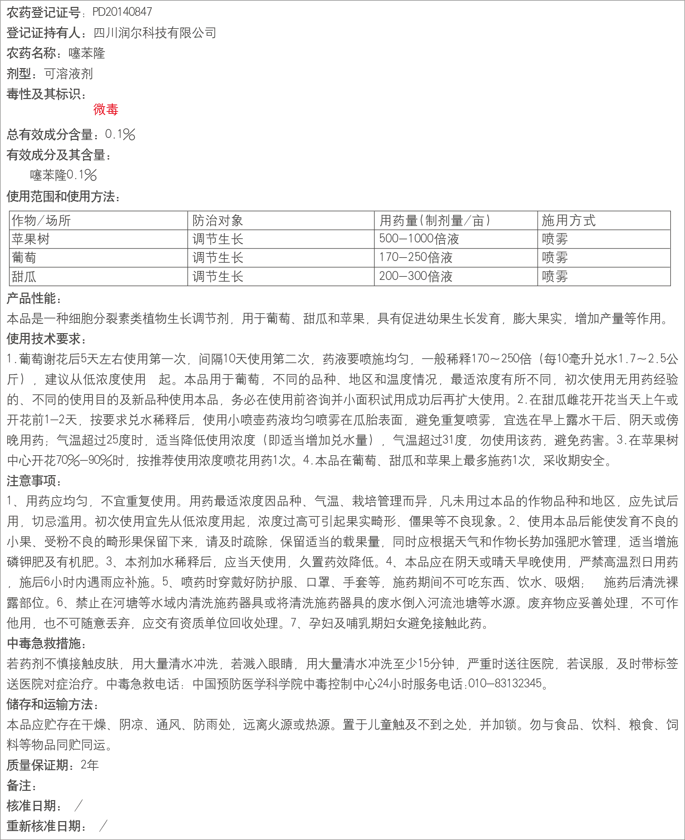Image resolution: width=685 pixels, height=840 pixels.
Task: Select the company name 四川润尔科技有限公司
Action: click(x=155, y=33)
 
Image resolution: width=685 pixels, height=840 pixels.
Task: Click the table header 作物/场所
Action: click(x=41, y=220)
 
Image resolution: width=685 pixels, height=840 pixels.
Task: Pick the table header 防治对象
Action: click(x=218, y=220)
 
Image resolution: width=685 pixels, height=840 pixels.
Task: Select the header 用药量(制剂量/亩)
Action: click(x=434, y=220)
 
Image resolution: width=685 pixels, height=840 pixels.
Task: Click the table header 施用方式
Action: click(x=568, y=220)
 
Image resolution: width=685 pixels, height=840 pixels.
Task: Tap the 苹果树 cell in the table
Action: click(x=31, y=239)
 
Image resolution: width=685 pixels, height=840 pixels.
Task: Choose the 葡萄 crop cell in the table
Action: click(x=24, y=258)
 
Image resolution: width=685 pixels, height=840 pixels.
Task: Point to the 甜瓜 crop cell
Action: click(x=24, y=276)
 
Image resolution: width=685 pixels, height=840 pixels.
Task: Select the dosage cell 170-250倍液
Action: click(x=415, y=258)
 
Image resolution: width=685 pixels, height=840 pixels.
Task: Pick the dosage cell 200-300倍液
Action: click(x=415, y=276)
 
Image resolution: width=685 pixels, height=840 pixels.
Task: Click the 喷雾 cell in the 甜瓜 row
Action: click(x=555, y=276)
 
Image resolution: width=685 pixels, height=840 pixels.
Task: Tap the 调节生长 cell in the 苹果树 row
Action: click(x=218, y=239)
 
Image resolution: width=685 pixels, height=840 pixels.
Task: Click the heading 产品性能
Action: click(x=34, y=298)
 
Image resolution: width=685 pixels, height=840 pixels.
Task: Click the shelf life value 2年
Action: click(x=89, y=765)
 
